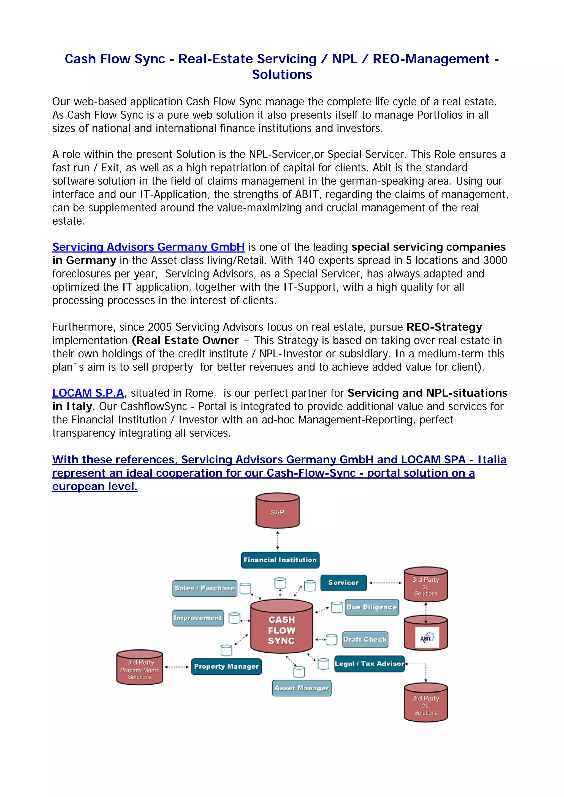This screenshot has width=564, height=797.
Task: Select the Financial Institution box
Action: (280, 560)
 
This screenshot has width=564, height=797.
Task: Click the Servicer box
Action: (343, 583)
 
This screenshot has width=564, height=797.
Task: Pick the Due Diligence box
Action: (372, 607)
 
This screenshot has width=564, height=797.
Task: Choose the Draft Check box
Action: (365, 639)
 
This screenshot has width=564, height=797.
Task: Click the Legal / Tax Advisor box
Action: (369, 664)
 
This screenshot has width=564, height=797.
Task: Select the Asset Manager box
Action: (302, 688)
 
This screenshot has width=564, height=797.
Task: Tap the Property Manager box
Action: (226, 666)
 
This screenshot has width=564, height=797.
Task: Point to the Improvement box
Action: (198, 618)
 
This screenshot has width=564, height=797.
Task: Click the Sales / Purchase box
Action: (204, 588)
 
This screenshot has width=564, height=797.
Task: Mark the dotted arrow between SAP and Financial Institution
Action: (277, 540)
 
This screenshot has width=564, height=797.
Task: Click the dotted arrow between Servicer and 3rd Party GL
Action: (385, 583)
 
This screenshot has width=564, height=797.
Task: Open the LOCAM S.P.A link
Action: (88, 393)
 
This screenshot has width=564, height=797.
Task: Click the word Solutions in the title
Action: (282, 74)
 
